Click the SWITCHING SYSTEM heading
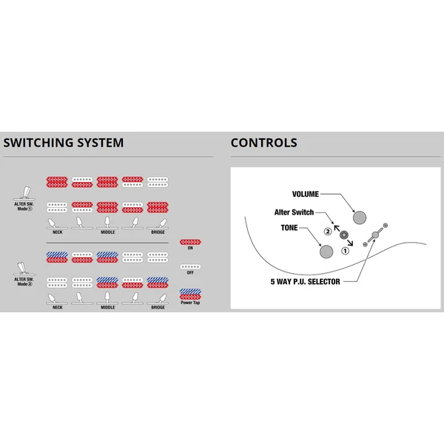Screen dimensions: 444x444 [64, 142]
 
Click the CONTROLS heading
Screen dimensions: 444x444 [264, 142]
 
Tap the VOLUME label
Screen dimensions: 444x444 [305, 194]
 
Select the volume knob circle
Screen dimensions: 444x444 [360, 218]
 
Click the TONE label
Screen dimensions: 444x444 [289, 228]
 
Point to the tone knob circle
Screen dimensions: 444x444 [326, 252]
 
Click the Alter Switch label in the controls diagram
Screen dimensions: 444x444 [294, 212]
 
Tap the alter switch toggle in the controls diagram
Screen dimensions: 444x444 [344, 235]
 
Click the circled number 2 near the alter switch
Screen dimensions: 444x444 [328, 232]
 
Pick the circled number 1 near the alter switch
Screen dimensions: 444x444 [345, 251]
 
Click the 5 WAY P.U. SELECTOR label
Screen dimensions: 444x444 [305, 281]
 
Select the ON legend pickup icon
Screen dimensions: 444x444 [190, 242]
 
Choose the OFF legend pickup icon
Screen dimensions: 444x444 [190, 266]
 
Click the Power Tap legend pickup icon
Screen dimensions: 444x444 [190, 295]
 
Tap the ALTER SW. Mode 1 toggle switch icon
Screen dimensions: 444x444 [24, 193]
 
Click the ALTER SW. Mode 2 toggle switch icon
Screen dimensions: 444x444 [24, 269]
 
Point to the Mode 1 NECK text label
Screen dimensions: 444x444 [58, 232]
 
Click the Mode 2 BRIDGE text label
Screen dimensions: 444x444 [158, 307]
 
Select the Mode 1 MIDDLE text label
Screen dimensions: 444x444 [108, 232]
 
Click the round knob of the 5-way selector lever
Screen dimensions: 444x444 [375, 235]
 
